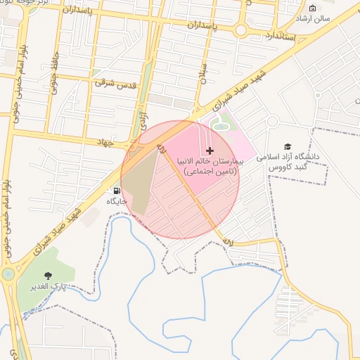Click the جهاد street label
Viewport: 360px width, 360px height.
tap(105, 142)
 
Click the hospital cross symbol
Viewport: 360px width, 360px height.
tap(210, 150)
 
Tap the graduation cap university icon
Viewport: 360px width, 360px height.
tap(288, 146)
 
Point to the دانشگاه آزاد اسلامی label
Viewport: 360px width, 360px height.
tap(288, 160)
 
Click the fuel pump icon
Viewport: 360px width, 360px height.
tap(115, 190)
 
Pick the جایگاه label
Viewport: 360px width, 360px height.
tap(118, 201)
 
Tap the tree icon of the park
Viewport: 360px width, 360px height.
tap(48, 276)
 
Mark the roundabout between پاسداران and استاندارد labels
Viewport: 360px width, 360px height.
tap(241, 30)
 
